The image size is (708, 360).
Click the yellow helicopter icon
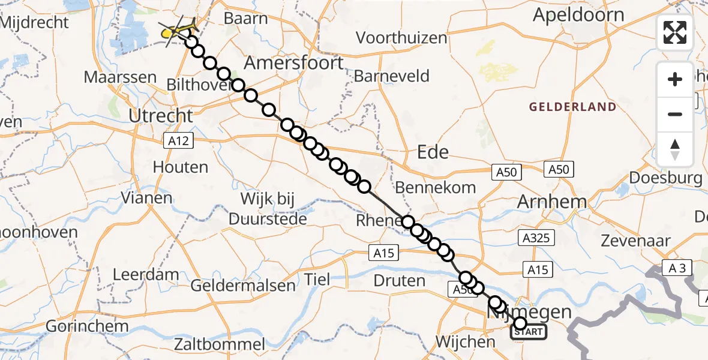(x=174, y=31)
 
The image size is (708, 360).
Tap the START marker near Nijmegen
(x=528, y=332)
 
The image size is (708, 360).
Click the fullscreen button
(x=675, y=32)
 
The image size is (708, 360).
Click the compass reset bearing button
(x=675, y=149)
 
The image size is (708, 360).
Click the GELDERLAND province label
(x=572, y=107)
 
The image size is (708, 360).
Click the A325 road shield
(x=535, y=239)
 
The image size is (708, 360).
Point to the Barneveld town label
(x=392, y=76)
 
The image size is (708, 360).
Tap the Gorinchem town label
(x=87, y=326)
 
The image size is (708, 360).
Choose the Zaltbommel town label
(x=220, y=344)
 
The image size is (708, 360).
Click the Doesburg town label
(x=665, y=178)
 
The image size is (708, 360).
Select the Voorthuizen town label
(x=401, y=38)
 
